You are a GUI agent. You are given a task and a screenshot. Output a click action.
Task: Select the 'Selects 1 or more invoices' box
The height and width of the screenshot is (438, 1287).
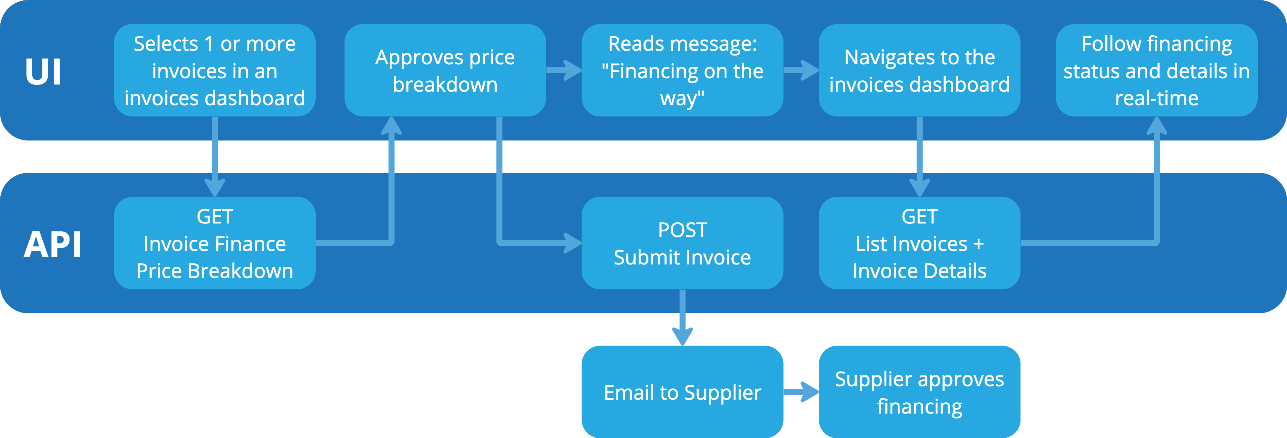214,71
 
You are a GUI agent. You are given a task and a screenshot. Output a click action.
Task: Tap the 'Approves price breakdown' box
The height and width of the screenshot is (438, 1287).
445,71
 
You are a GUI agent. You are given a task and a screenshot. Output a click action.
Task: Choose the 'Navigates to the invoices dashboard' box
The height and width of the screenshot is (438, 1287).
919,71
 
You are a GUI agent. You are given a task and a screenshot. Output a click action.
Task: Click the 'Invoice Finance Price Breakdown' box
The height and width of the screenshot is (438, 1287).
214,243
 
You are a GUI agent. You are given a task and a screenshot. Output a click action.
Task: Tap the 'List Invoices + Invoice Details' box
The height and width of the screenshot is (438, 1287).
919,243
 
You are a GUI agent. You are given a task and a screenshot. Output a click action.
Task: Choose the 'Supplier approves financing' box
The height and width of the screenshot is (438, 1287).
919,392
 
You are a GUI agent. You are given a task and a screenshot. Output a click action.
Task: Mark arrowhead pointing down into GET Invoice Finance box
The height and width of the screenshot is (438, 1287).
215,187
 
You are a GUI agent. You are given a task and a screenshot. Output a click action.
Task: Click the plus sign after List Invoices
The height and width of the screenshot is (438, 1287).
978,244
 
